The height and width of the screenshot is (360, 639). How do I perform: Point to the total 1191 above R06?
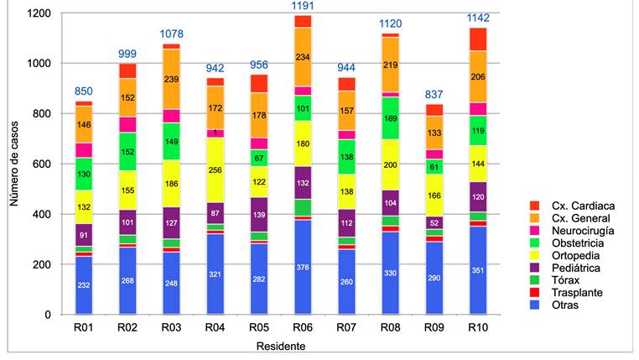click(302, 6)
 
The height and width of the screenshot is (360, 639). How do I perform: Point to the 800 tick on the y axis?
click(37, 113)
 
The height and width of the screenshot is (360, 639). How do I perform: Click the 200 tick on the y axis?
click(37, 264)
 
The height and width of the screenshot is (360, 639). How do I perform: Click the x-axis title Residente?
click(282, 346)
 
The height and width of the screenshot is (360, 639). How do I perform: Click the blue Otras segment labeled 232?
click(84, 285)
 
